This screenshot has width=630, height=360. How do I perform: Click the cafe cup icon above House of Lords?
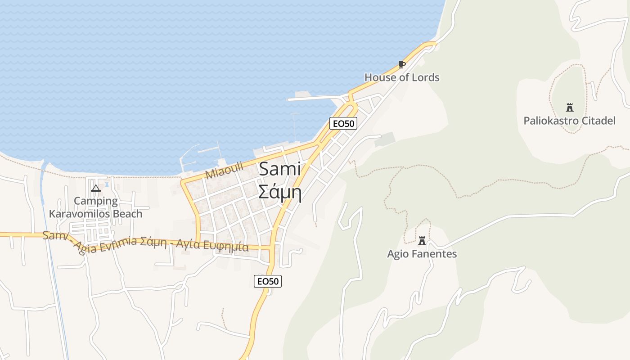(x=401, y=65)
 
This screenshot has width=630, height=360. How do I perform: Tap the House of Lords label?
(x=402, y=77)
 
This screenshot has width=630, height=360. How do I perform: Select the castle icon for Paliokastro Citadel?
(x=570, y=108)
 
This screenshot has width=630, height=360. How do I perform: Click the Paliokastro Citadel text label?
(x=569, y=121)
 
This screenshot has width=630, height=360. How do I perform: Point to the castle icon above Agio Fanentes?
(x=422, y=241)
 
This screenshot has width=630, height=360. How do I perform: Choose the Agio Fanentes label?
(x=422, y=254)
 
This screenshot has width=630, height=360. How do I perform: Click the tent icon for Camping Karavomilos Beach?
(x=95, y=188)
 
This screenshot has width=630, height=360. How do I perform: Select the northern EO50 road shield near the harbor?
(x=343, y=123)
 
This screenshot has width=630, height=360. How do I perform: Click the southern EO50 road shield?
(x=268, y=281)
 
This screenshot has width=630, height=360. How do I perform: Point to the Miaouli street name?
(x=224, y=170)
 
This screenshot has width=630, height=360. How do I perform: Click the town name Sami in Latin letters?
(x=280, y=169)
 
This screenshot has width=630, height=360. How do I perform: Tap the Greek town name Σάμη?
(x=280, y=192)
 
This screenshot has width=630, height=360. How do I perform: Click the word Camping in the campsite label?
(x=96, y=201)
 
